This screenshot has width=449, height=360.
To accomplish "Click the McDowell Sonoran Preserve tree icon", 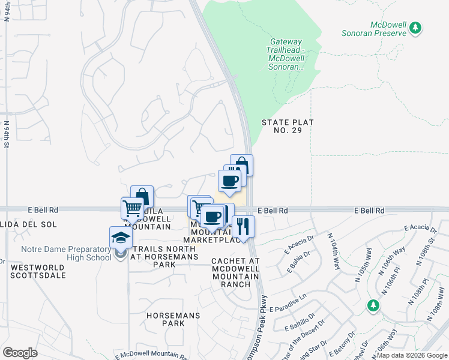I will point(414,28).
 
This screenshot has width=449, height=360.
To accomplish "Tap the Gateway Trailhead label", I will point(286,54).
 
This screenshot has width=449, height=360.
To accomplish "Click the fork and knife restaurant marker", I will point(243,227).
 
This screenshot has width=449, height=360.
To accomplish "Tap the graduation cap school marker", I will point(121,238).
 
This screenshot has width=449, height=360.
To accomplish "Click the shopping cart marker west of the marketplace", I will point(132,209).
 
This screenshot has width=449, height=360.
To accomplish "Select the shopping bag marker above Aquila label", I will point(142,197).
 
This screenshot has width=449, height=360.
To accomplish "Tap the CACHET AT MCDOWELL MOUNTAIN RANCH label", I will point(235,272).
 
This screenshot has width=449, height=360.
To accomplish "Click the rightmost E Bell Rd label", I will point(369,211).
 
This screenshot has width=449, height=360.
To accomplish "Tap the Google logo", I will point(20,353).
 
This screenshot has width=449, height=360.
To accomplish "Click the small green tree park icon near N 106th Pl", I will point(373,306).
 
